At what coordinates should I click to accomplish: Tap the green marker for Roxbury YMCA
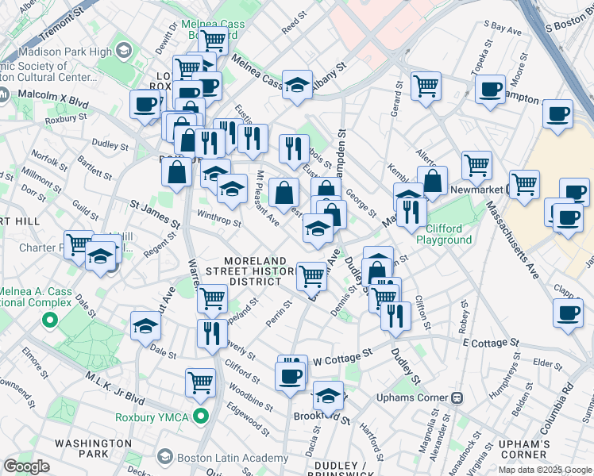coord(202,415)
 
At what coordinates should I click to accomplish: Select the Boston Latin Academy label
coord(232,458)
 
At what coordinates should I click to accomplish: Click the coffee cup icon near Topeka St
coord(491,89)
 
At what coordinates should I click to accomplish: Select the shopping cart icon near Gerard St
coord(426,85)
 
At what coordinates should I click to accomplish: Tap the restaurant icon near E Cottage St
coord(395,315)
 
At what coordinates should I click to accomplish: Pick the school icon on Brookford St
coord(328,396)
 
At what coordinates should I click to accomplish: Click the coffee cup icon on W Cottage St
coord(291,375)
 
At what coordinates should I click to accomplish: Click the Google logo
coord(27,466)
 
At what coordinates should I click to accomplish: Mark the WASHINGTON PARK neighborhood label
coord(93,448)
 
